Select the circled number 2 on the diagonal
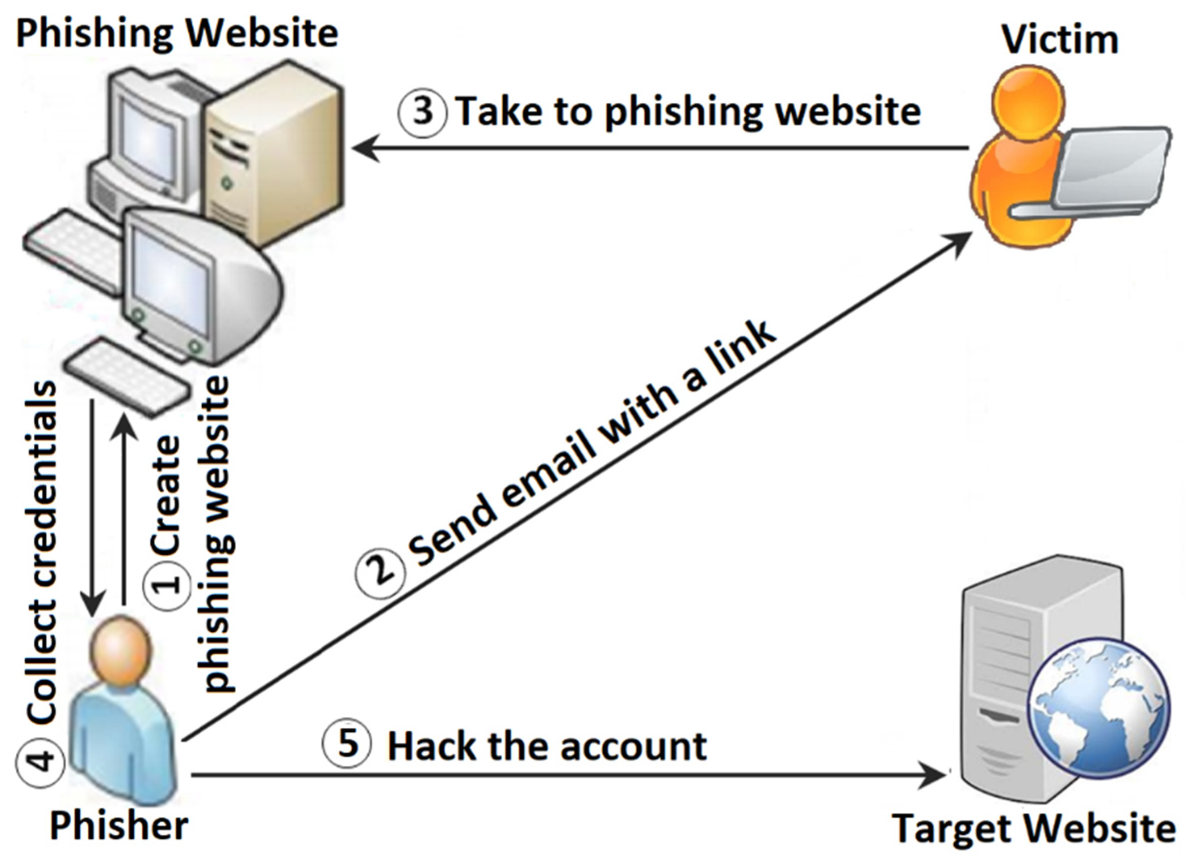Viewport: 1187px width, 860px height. click(380, 574)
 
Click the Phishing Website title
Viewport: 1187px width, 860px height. click(177, 32)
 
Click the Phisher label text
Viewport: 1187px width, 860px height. click(119, 826)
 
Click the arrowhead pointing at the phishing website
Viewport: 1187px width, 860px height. click(366, 148)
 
